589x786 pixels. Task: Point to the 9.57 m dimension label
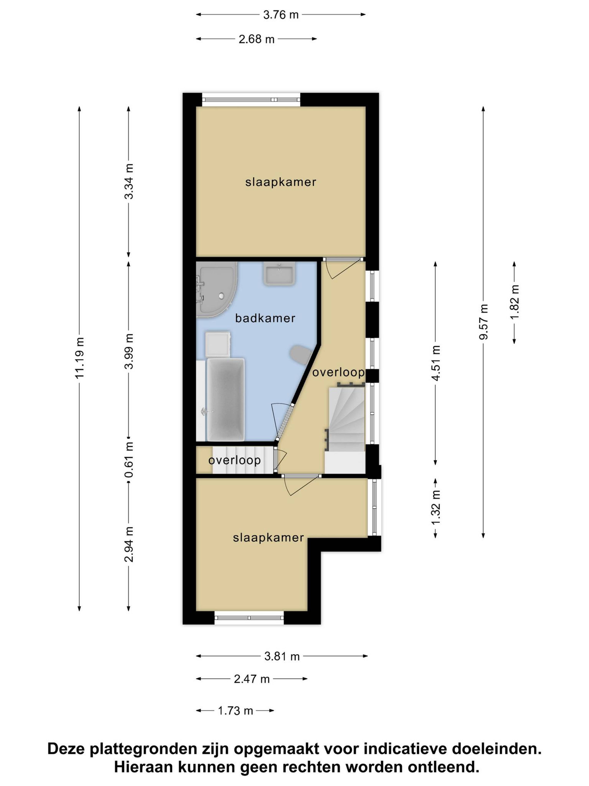click(x=483, y=322)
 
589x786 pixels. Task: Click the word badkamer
click(x=265, y=318)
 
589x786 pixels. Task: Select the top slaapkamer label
click(x=281, y=182)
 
